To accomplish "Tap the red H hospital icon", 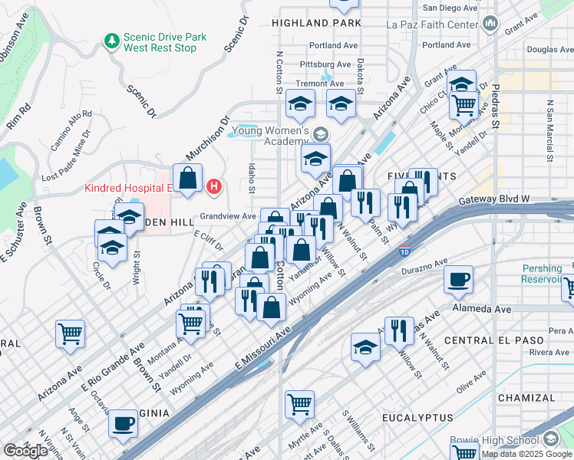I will pos(216,186).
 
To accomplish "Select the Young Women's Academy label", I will pos(270,136).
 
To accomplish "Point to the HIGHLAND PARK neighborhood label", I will pos(321,24).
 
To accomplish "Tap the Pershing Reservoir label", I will pos(546,274).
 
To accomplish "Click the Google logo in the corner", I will pos(25,451).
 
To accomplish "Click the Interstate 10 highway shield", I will pos(404,251).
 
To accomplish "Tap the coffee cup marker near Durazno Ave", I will pos(459,280).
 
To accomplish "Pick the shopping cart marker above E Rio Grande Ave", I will pos(70,333).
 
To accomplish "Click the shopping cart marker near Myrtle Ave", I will pos(299,403).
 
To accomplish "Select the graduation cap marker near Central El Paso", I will pos(366,347).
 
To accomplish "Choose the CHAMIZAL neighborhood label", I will pos(526,398).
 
